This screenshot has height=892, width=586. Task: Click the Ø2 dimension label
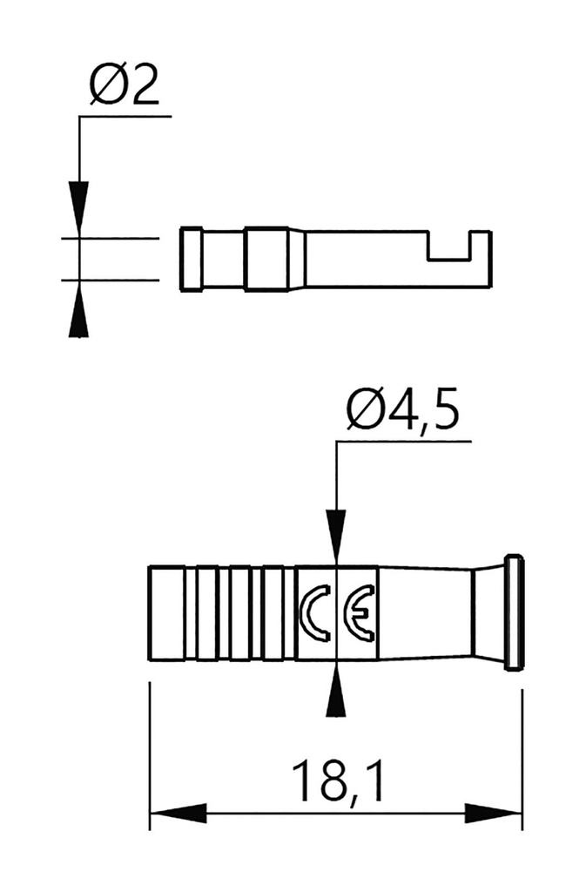pos(125,87)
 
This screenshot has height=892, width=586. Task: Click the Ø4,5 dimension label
pos(401,412)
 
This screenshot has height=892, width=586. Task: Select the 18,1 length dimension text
pos(337,781)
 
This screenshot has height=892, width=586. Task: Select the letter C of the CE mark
pos(314,613)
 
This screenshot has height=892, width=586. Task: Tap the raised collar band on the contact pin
pos(266,259)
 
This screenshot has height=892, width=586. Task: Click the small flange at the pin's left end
pos(191,259)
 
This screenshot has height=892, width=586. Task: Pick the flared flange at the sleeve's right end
pos(514,613)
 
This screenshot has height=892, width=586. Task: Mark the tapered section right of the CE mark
pos(424,613)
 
